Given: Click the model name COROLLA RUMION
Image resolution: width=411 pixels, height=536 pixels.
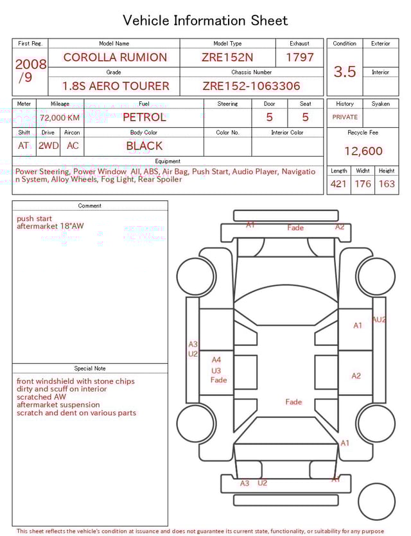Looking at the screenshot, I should (114, 57).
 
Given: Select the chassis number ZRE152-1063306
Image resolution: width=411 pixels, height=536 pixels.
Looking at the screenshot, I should (251, 86).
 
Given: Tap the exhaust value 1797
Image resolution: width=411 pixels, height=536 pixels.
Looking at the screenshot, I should (299, 57).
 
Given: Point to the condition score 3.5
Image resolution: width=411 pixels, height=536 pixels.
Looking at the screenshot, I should (345, 72).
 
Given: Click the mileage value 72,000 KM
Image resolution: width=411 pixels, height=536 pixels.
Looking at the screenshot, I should (60, 117).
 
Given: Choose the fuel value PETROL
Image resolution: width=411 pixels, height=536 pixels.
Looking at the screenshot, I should (144, 117).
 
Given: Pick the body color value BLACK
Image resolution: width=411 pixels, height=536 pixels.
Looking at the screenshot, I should (144, 146).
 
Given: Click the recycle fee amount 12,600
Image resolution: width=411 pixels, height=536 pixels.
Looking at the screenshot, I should (363, 151).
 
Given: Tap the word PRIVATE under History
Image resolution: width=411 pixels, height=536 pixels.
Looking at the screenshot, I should (345, 117).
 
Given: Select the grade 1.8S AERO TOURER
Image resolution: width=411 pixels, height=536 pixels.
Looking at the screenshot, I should (116, 86).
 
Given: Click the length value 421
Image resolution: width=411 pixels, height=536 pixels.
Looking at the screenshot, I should (338, 184).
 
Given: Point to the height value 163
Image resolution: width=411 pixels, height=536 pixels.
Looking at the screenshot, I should (387, 184).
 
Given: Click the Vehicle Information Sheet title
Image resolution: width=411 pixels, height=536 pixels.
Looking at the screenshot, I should (205, 21).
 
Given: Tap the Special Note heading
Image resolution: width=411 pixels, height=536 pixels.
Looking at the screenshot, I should (90, 368).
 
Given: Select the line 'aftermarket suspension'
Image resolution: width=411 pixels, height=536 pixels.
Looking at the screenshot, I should (58, 405).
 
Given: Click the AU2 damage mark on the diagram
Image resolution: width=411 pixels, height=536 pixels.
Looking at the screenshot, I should (379, 320).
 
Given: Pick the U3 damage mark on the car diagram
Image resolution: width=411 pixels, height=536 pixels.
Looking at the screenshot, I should (216, 370).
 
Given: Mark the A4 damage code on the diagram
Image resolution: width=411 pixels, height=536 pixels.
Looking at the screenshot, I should (216, 360).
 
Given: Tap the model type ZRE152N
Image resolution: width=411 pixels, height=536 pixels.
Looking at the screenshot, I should (227, 57).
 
